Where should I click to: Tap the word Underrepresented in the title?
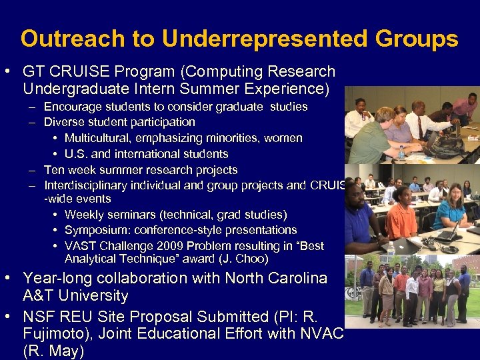[265, 39]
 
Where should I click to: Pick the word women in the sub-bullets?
[285, 138]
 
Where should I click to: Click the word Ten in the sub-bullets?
[53, 170]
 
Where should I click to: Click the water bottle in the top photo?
[402, 153]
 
